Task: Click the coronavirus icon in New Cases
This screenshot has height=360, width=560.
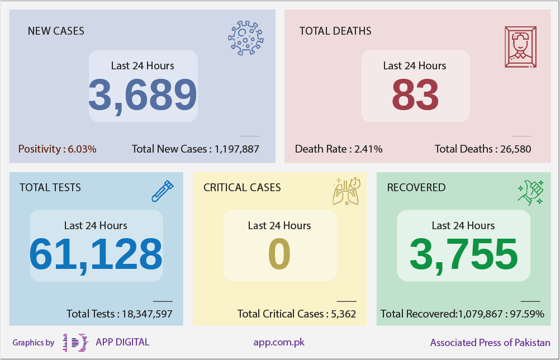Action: (x=246, y=38)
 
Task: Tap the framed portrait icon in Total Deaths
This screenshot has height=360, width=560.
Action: (x=520, y=47)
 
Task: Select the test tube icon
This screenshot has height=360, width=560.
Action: (x=163, y=191)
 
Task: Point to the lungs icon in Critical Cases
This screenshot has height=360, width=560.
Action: (x=347, y=191)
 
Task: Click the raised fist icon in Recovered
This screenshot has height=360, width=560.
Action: (x=531, y=192)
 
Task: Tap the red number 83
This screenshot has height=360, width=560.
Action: (x=415, y=95)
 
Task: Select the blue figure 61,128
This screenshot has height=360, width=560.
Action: (x=96, y=255)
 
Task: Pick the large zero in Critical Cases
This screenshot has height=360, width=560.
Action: (x=279, y=254)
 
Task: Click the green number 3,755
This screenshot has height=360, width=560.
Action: (x=463, y=255)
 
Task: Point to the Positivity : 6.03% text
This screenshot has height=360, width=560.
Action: (x=57, y=149)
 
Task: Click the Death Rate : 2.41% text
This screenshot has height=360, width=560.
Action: (x=339, y=149)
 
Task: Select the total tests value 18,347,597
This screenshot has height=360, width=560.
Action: (x=147, y=314)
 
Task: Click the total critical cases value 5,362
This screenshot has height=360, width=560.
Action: (x=344, y=314)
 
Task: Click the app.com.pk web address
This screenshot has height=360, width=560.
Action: (x=279, y=343)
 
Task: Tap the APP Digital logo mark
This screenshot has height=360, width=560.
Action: (x=75, y=343)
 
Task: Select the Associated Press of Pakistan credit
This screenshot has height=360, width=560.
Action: (x=490, y=343)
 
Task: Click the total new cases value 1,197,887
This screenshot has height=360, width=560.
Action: (x=237, y=149)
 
